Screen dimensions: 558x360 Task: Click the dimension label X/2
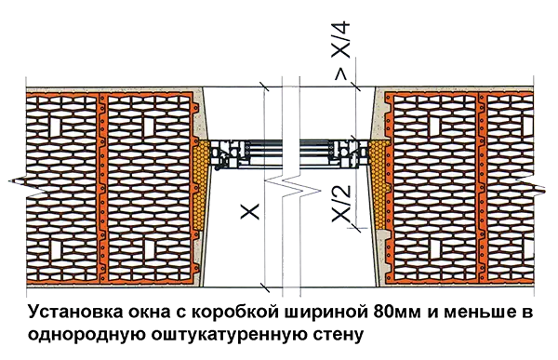point(341,204)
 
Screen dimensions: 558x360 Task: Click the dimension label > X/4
point(341,51)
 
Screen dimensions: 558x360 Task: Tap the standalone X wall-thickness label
point(250,211)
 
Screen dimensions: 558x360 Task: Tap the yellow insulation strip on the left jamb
point(202,184)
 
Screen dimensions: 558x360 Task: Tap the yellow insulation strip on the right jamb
point(378,184)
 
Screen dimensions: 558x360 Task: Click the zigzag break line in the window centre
point(291,185)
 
